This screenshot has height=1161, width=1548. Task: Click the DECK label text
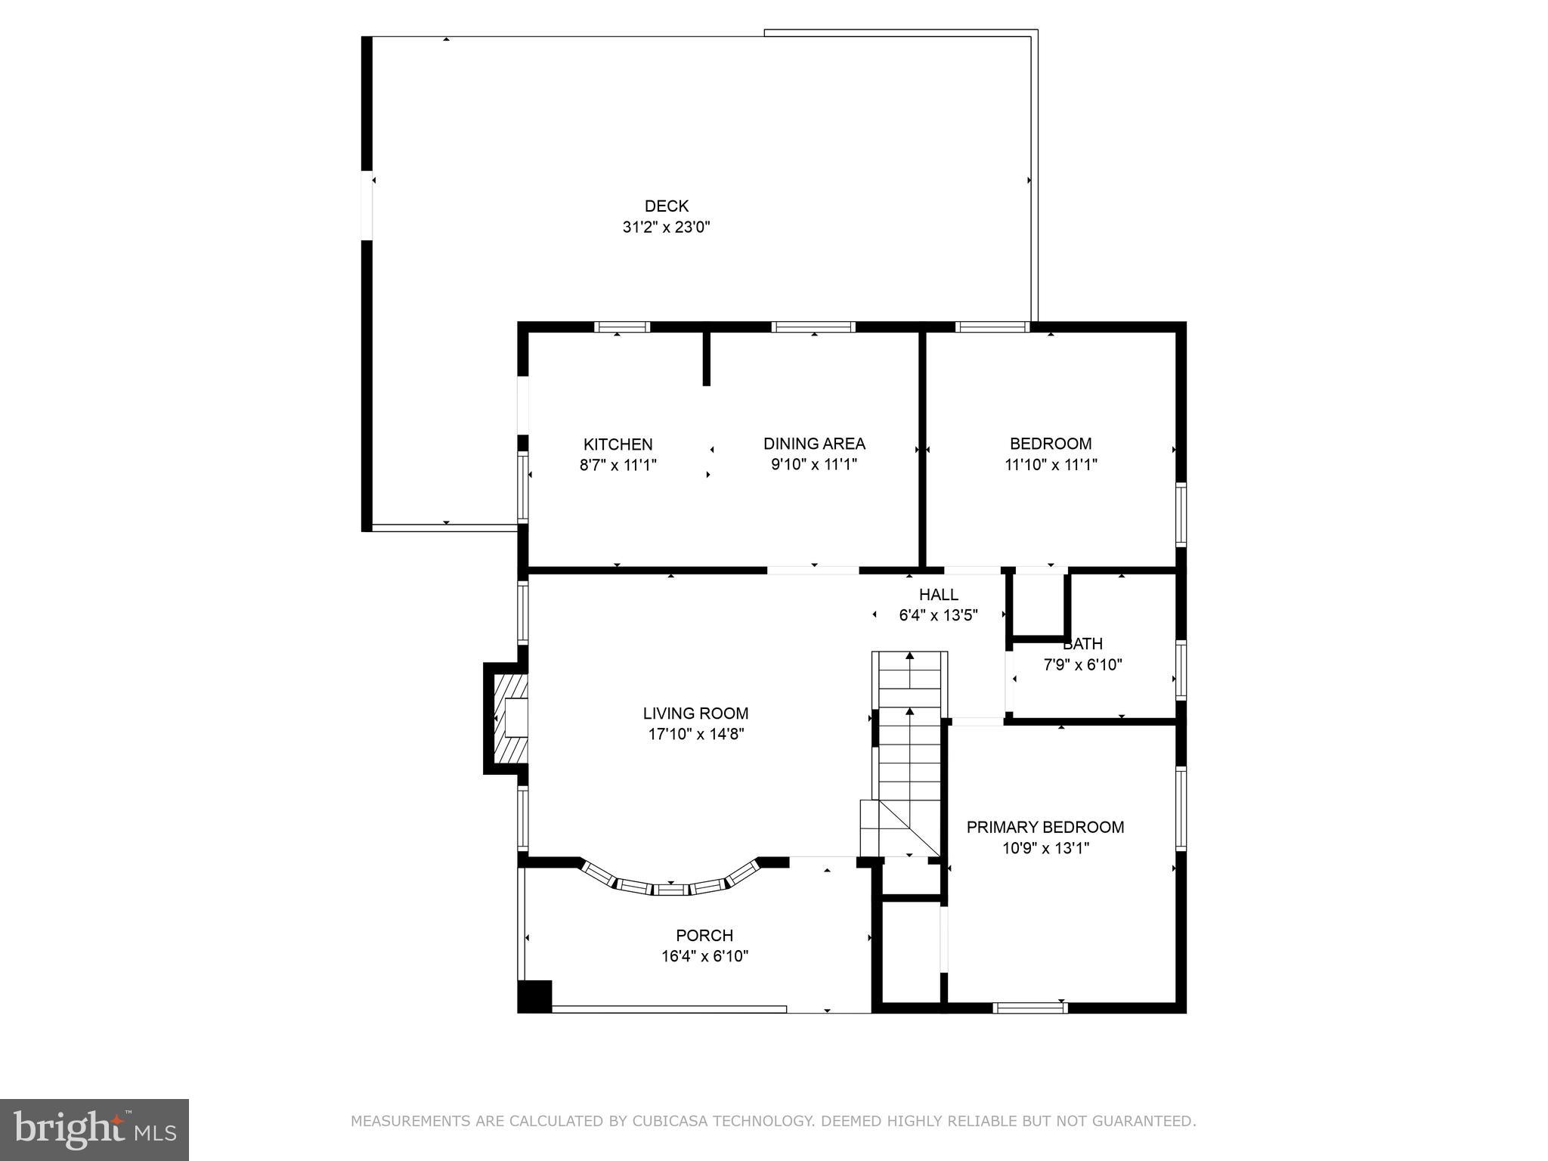(x=666, y=206)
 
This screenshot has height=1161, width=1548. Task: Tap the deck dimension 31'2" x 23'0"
(x=666, y=227)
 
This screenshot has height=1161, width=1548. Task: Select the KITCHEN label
(x=618, y=444)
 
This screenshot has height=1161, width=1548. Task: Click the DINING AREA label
(x=813, y=444)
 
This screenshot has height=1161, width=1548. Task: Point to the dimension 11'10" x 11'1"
(x=1050, y=465)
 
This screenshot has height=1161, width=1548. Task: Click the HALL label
(x=938, y=595)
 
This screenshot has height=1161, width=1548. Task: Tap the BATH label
(x=1082, y=645)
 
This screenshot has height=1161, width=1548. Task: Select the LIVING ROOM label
(x=695, y=714)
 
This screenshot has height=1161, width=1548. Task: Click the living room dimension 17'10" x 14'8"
(x=695, y=734)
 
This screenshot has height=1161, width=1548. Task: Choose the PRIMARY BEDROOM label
(x=1045, y=828)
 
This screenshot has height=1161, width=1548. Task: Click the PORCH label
(x=704, y=936)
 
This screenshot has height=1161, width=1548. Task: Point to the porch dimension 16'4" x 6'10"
(x=704, y=956)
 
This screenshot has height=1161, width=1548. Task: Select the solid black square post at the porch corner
(x=535, y=996)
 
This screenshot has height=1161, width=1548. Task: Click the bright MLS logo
(x=94, y=1130)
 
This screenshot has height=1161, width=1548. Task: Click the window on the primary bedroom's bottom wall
(x=1029, y=1008)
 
